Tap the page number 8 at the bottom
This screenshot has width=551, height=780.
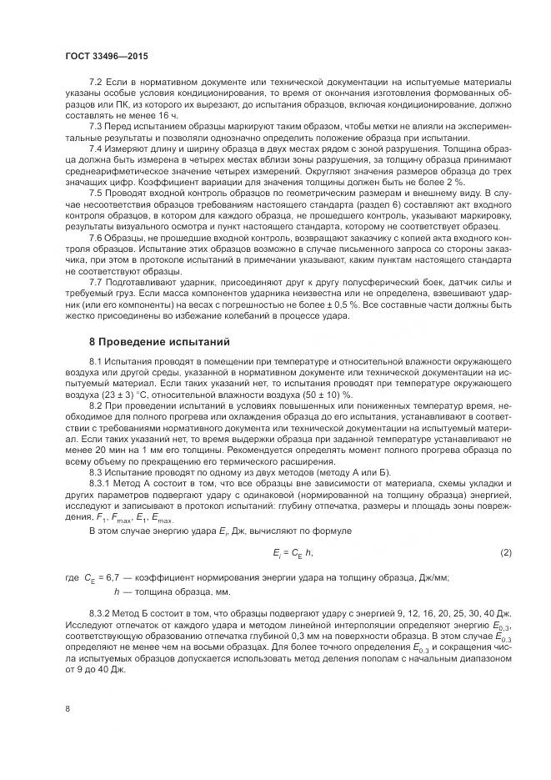[x=67, y=708]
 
